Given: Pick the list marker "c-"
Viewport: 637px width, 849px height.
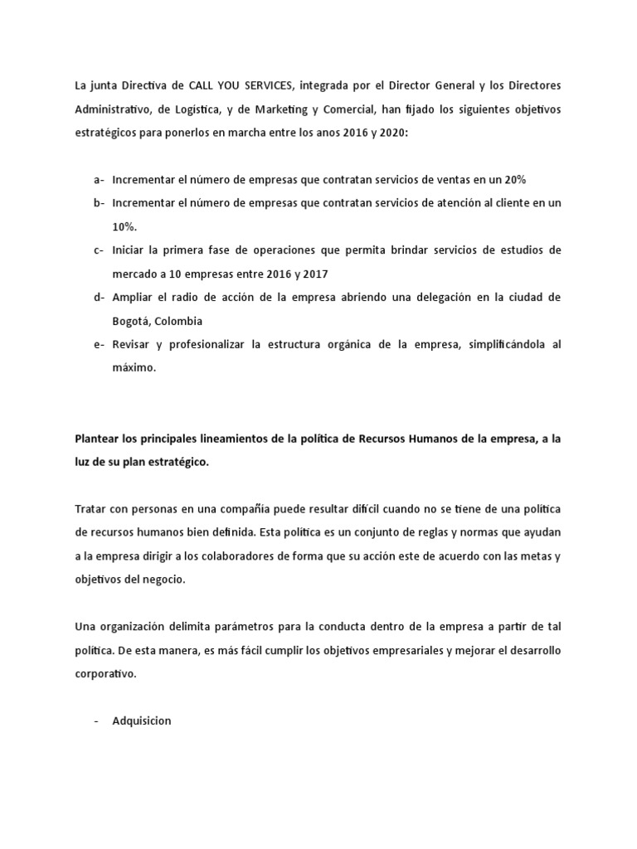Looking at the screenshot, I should (100, 250).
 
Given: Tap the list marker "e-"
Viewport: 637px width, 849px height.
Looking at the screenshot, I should (100, 343).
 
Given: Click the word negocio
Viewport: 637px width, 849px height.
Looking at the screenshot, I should (163, 580).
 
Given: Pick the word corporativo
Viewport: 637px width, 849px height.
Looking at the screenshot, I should (107, 674).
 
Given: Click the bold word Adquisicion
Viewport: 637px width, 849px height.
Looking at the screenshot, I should (141, 720).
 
